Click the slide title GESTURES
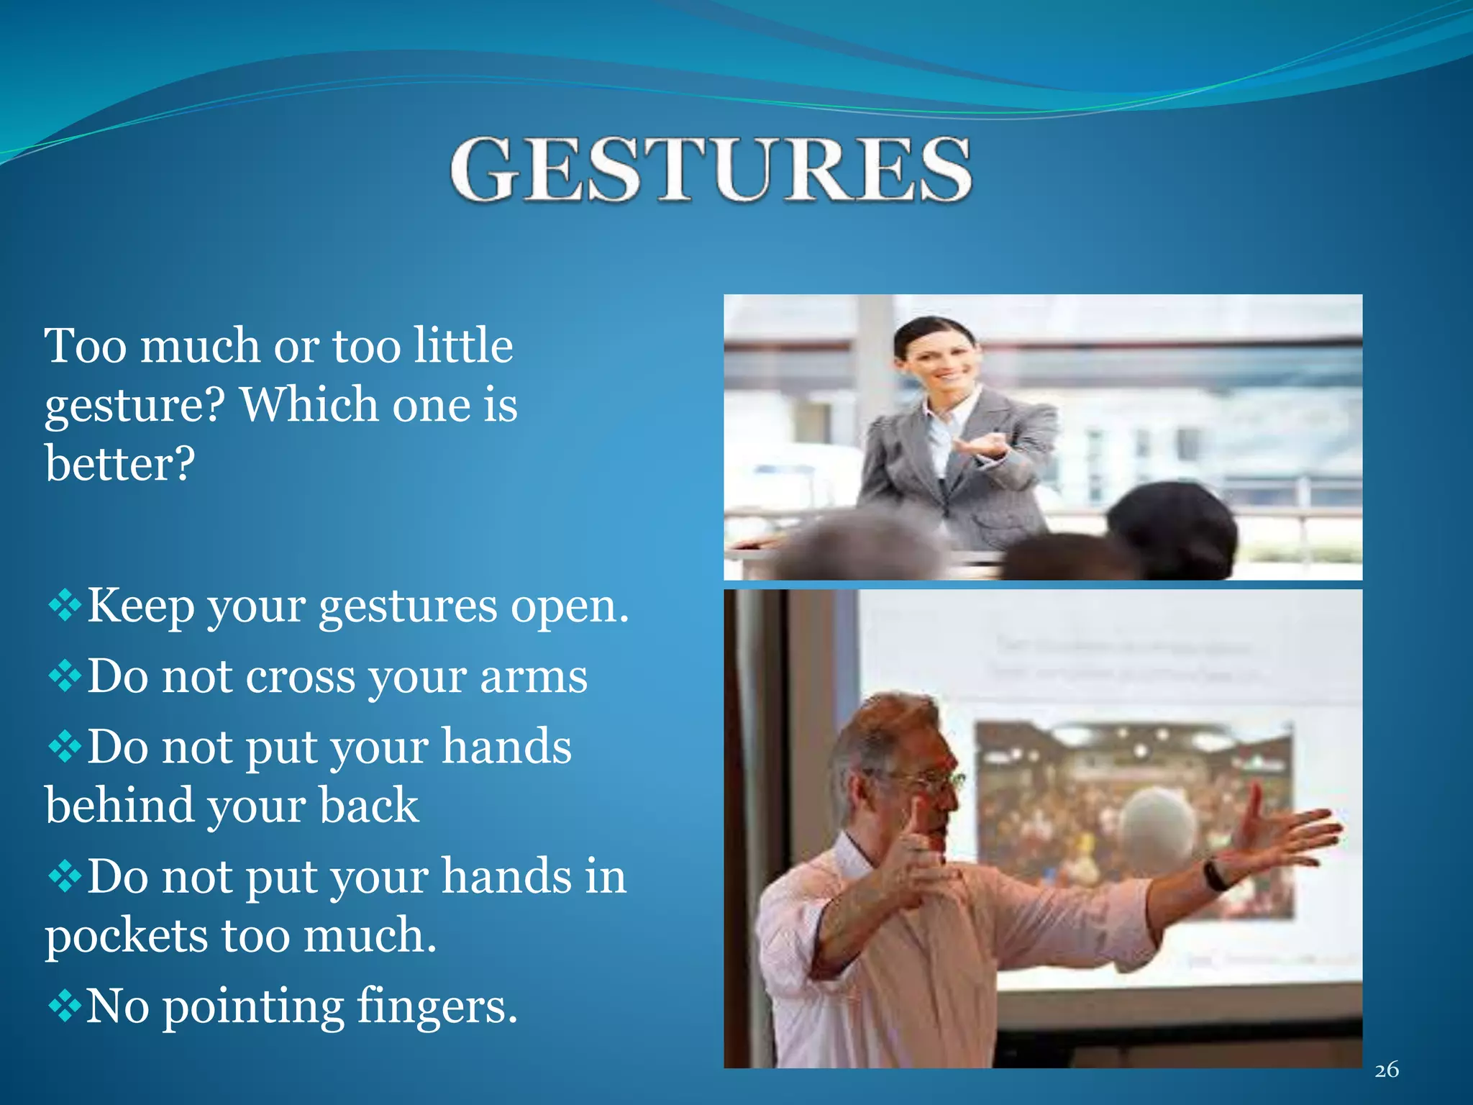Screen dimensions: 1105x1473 (x=711, y=170)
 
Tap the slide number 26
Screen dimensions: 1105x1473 (x=1386, y=1070)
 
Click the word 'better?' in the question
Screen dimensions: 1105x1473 (x=120, y=463)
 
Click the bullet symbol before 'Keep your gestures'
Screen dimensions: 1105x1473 (x=65, y=605)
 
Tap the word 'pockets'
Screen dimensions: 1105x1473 (x=126, y=937)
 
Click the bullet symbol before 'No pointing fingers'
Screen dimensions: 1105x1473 (x=65, y=1005)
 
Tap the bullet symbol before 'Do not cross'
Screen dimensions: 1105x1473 (x=65, y=676)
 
